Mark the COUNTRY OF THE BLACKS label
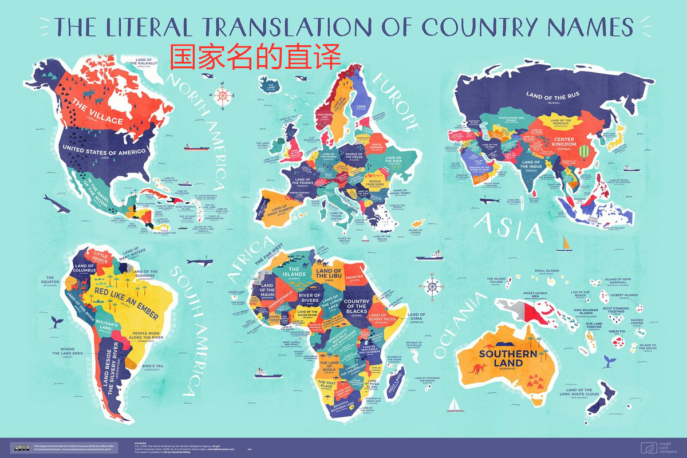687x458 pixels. coord(357,310)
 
